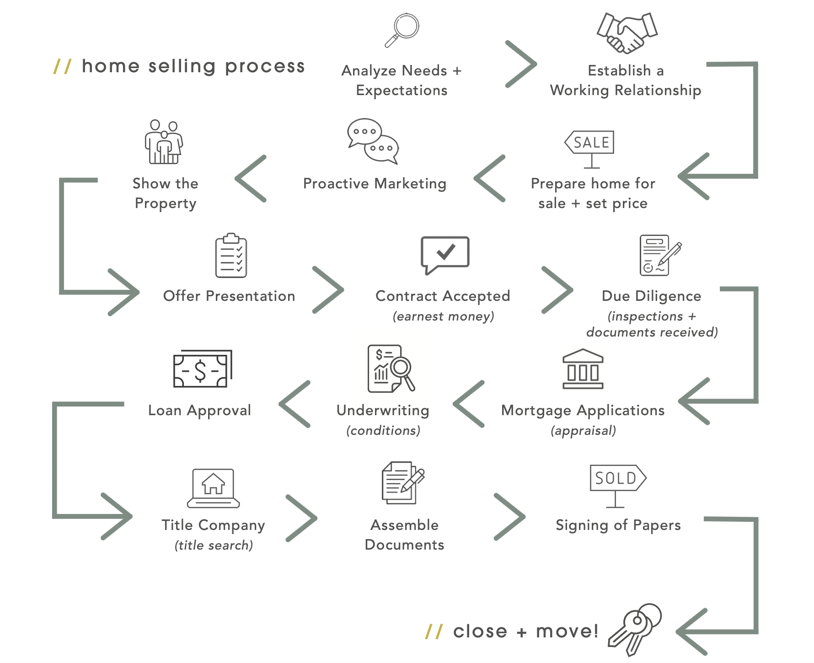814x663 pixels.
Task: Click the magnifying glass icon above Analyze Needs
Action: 402,30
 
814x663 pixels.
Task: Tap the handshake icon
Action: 627,32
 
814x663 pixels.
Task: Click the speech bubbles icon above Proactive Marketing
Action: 373,141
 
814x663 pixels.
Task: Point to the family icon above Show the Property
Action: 164,142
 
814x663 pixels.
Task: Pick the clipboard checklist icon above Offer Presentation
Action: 231,255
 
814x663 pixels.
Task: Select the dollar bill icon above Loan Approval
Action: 203,369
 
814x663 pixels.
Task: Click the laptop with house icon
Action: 213,488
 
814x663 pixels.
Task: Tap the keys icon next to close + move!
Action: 635,629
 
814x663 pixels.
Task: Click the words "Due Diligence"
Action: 651,296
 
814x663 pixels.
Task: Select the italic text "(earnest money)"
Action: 443,316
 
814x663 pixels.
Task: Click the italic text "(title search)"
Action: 214,545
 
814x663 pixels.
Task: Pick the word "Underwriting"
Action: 383,411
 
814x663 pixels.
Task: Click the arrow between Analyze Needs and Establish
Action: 521,64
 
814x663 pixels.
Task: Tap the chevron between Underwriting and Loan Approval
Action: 295,404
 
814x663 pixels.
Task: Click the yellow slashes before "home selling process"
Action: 63,66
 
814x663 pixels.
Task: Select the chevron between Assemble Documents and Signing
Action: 510,517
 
